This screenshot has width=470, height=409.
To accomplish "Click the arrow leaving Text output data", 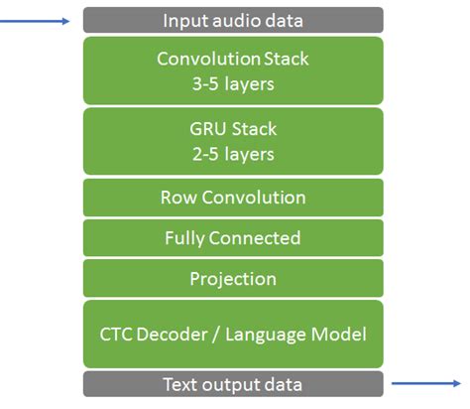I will [426, 382].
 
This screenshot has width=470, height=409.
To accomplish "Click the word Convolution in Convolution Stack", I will [201, 59].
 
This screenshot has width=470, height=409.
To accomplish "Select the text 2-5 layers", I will [232, 155].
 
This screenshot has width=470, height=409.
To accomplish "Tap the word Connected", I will [255, 238].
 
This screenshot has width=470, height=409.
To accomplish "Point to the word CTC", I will [114, 334].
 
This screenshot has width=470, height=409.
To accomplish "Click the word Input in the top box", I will [184, 20].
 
